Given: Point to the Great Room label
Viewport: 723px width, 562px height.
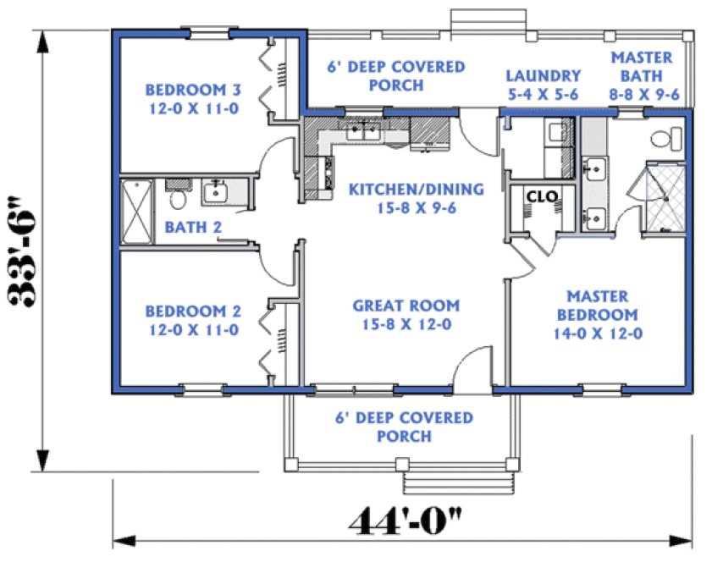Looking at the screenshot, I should pos(406,314).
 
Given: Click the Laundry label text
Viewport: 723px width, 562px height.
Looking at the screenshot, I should pos(542,85).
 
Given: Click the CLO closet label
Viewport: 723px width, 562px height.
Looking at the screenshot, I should pos(541,196).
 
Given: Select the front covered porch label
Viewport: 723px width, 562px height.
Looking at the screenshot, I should pos(405,427).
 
